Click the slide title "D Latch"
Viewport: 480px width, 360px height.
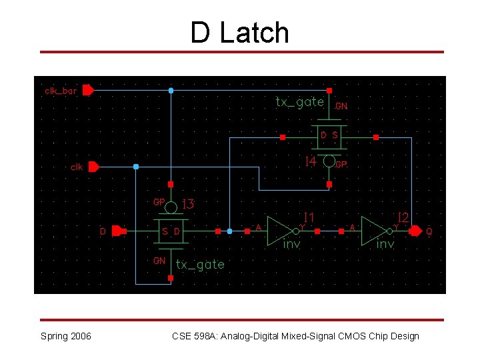[x=240, y=33]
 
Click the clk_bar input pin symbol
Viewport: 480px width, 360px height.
[x=88, y=90]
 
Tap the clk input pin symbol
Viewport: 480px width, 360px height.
[x=94, y=167]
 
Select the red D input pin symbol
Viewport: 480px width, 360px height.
[x=117, y=231]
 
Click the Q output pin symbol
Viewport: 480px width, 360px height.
[x=415, y=231]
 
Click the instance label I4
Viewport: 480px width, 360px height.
[x=310, y=162]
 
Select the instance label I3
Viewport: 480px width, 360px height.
[x=188, y=204]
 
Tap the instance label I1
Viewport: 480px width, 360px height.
[x=309, y=217]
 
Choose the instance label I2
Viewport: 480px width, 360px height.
[x=403, y=217]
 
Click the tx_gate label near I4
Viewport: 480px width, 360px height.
[x=300, y=102]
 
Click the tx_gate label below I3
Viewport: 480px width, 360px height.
[x=200, y=265]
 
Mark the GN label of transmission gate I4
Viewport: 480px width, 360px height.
[x=341, y=105]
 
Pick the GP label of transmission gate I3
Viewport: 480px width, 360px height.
[x=159, y=201]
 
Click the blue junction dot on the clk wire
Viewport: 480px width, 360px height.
[x=136, y=167]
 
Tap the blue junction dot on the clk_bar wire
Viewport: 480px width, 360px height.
[x=171, y=90]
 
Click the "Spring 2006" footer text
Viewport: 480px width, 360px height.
[x=66, y=336]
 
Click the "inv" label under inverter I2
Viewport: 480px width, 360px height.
[x=385, y=245]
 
